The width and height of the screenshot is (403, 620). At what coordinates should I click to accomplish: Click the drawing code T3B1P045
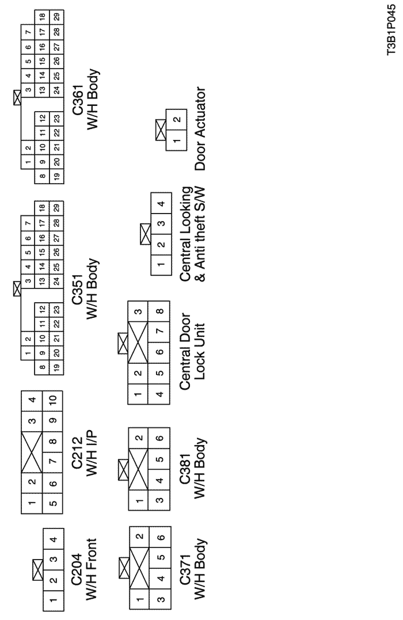(391, 35)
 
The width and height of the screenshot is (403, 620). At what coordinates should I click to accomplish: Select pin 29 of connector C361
(56, 17)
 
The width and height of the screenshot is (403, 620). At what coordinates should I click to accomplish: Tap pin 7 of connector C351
(28, 223)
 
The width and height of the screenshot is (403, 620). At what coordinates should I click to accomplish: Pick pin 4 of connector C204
(54, 539)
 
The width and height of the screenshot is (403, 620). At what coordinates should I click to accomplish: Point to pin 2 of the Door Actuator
(177, 119)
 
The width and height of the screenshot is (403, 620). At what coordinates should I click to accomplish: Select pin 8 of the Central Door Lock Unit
(159, 311)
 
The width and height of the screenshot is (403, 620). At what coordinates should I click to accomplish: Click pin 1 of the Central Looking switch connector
(161, 264)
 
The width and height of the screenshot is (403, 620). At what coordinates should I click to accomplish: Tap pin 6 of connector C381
(159, 438)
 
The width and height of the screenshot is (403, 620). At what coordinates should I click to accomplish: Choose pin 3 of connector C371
(160, 599)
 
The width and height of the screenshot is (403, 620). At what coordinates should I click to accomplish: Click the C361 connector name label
(77, 100)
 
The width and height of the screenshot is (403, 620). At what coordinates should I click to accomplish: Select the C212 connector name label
(77, 452)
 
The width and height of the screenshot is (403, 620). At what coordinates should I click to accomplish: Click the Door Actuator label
(200, 129)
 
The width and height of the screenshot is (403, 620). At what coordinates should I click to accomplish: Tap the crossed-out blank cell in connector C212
(32, 451)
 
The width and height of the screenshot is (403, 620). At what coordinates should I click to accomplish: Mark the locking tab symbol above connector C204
(37, 570)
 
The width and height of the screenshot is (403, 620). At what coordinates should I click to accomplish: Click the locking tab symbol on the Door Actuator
(161, 130)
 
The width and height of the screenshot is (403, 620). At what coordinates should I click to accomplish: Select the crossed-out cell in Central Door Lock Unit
(138, 343)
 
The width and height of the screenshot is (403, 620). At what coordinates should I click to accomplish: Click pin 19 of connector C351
(56, 366)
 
